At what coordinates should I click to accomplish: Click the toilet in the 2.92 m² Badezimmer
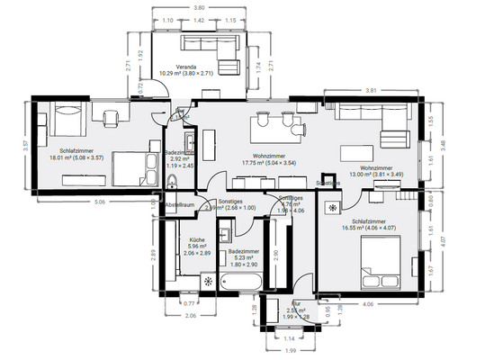coord(172,184)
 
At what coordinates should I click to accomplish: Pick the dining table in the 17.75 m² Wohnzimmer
coord(276,121)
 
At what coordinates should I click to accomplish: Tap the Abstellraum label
coord(179,205)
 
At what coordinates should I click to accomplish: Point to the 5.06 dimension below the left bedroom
coord(99,202)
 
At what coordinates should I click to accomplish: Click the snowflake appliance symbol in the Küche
coord(209,281)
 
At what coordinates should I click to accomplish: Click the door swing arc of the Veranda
coord(158,90)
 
